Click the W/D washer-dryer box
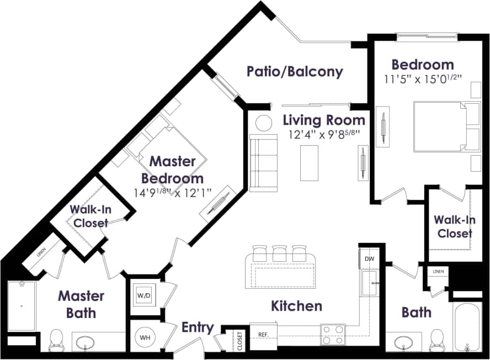[145, 295]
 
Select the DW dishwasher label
[370, 258]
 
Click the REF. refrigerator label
[263, 335]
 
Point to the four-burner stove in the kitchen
[333, 335]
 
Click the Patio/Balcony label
[295, 71]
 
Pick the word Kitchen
[296, 305]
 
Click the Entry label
[198, 327]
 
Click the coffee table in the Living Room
[309, 162]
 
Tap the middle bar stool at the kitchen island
[279, 253]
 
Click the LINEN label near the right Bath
[439, 272]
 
